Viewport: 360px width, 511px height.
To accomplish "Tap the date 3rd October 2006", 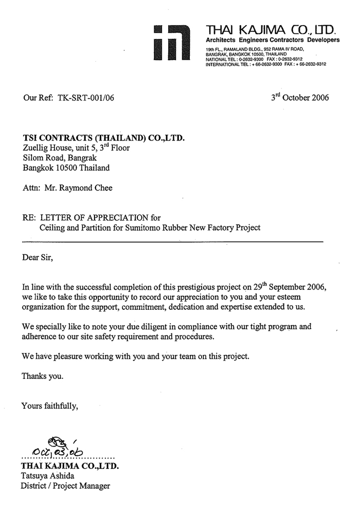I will point(300,97).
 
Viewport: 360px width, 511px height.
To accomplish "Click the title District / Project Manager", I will point(65,485).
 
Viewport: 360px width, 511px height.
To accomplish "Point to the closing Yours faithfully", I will point(50,406).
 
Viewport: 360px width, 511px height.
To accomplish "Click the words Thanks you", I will point(43,376).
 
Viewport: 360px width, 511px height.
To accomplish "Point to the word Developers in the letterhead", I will point(323,40).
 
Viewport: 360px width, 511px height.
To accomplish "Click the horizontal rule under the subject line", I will point(172,241).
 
